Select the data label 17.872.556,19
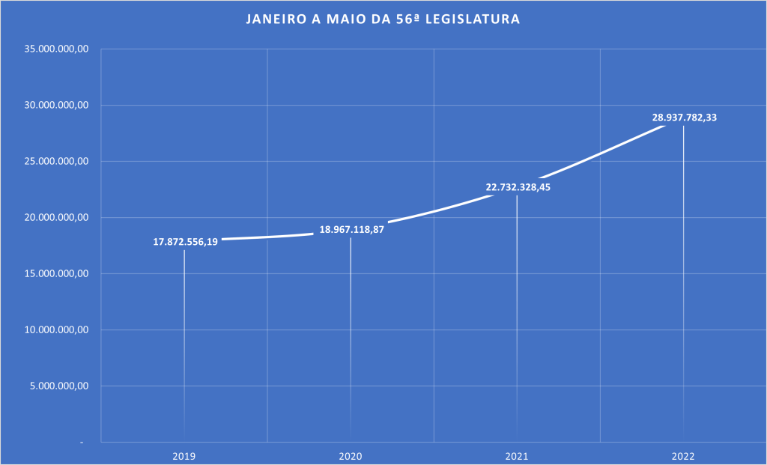click(186, 243)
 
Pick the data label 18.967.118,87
click(351, 229)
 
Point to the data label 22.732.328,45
click(518, 187)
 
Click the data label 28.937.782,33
click(684, 118)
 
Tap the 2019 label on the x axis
click(184, 455)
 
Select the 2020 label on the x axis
click(351, 455)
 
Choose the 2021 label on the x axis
click(517, 455)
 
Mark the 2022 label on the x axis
click(683, 455)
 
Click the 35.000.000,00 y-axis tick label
click(57, 49)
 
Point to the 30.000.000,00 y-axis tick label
click(57, 106)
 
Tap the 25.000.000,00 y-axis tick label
click(57, 162)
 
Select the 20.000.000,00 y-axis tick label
click(57, 218)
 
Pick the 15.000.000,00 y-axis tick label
click(57, 274)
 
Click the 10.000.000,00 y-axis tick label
click(57, 330)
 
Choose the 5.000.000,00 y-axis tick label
click(60, 386)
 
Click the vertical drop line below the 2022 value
click(683, 285)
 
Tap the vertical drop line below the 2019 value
click(184, 344)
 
